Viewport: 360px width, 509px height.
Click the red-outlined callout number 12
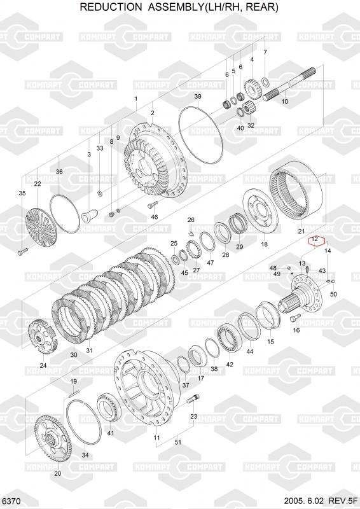tap(314, 240)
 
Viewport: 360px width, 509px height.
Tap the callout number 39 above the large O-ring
tap(198, 97)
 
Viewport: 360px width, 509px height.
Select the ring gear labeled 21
tap(296, 192)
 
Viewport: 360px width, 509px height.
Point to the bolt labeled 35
tap(23, 251)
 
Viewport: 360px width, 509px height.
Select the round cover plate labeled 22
tap(41, 227)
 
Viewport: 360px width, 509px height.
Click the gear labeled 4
tap(253, 88)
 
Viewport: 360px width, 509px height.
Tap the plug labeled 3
tap(89, 215)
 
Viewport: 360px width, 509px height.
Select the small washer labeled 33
tap(100, 194)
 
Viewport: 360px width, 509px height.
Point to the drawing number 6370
tap(11, 501)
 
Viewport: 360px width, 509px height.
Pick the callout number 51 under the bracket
tap(178, 442)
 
